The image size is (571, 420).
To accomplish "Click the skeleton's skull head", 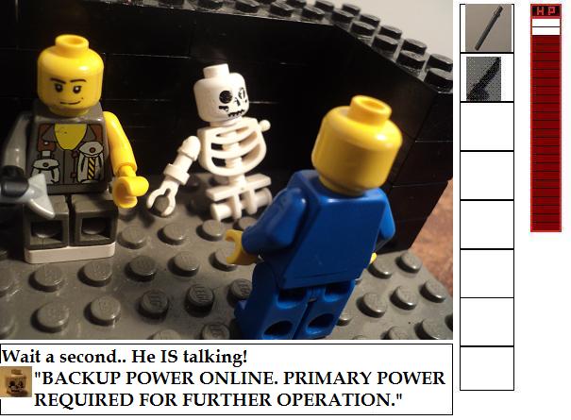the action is click(222, 95).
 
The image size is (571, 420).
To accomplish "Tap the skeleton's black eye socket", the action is click(226, 97).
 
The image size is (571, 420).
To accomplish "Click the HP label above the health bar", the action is click(546, 11).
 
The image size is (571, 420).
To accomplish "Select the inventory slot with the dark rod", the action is click(488, 28).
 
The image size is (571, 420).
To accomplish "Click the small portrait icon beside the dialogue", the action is click(16, 381).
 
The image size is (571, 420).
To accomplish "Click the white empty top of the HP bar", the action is click(546, 26).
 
